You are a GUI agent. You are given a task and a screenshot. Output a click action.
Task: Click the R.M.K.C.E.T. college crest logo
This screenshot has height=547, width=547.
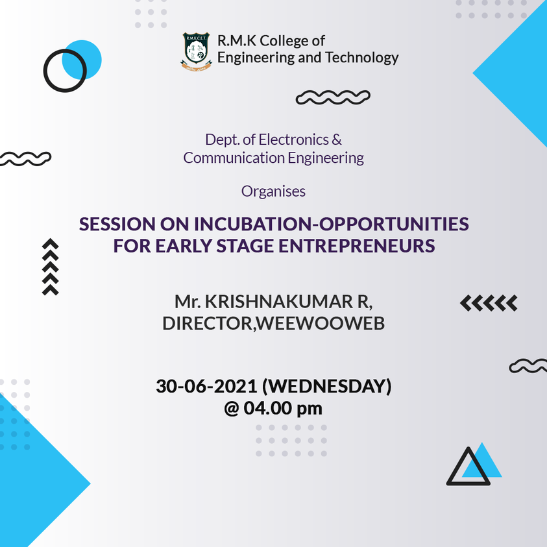coord(196,52)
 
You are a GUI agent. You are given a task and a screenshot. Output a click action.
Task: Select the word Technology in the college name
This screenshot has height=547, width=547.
coord(362,58)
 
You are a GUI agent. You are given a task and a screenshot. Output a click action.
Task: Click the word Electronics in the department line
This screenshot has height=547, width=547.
coord(294,140)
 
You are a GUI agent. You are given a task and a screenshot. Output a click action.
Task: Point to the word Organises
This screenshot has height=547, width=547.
coord(274,191)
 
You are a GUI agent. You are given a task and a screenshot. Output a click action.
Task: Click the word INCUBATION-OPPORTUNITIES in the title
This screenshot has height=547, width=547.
coord(332,224)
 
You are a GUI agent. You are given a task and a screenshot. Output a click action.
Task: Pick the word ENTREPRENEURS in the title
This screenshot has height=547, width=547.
coord(356,246)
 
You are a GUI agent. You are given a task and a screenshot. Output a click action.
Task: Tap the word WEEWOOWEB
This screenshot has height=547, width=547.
coord(321,323)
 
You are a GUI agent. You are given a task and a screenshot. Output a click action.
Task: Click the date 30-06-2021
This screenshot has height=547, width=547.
coord(206,387)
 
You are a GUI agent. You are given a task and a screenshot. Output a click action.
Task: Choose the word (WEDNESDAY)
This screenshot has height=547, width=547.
coord(327,387)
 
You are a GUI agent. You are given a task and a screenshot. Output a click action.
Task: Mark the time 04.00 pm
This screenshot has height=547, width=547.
coord(283,408)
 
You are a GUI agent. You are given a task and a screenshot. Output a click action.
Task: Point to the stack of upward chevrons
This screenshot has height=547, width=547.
coord(50,267)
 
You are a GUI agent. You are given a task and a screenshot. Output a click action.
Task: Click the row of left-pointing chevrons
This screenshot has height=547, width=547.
coord(489,303)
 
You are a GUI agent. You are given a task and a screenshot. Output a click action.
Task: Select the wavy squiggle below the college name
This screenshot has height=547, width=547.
coord(333,97)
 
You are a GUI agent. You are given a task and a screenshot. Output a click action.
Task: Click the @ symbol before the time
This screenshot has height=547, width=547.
coord(231,409)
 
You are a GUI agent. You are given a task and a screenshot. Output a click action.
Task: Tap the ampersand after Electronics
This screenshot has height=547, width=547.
coord(337,140)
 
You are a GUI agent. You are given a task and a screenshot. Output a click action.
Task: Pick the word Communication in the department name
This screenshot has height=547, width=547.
coord(234,158)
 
